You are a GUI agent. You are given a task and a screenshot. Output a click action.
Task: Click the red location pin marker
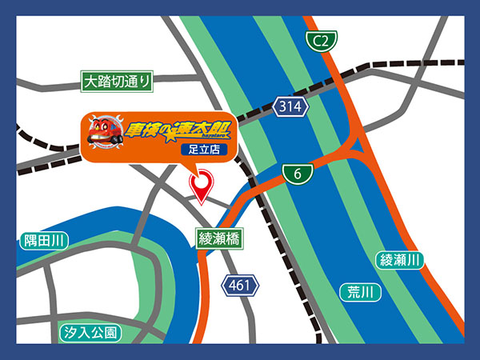[x=202, y=186]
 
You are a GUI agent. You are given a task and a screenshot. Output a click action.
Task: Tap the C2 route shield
[x=321, y=39]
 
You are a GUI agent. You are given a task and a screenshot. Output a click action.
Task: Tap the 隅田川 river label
[x=44, y=240]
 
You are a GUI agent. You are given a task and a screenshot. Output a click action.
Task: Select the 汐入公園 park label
[x=90, y=332]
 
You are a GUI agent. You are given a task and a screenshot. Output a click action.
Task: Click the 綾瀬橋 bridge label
[x=219, y=238]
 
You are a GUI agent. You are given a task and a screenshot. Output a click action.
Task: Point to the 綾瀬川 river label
[x=400, y=260]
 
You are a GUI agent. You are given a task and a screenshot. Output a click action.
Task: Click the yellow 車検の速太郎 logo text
[x=173, y=129]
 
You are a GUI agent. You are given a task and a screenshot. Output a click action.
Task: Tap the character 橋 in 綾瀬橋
[x=233, y=238]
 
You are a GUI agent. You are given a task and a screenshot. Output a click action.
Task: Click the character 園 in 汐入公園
[x=110, y=332]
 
